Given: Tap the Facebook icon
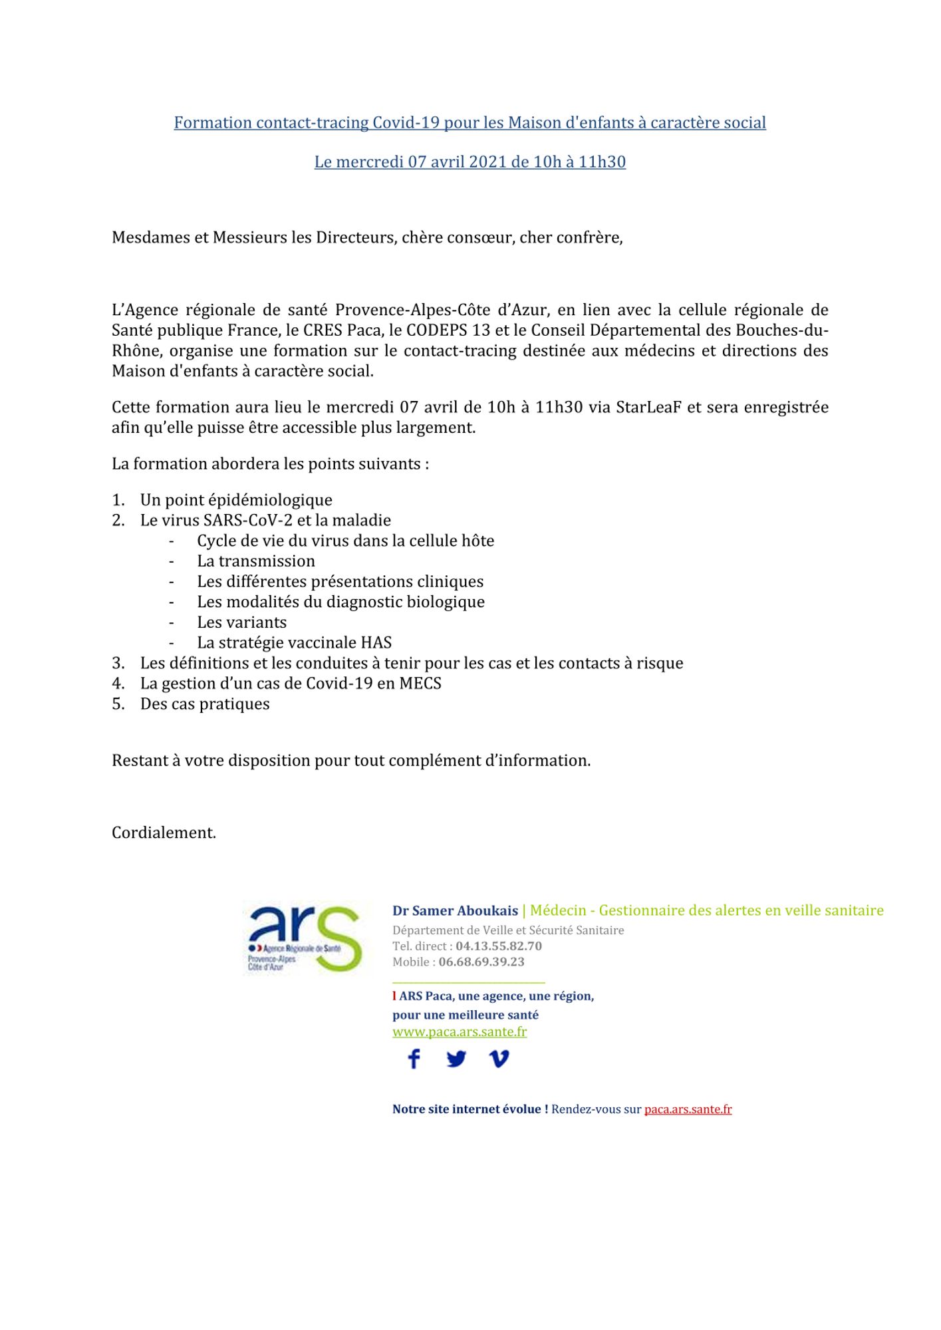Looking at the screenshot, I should point(414,1058).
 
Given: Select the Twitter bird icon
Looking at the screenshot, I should point(456,1058).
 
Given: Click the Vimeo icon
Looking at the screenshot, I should point(499,1058).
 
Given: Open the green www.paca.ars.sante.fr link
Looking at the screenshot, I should point(460,1031).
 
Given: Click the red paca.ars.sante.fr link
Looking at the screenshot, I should point(688,1109).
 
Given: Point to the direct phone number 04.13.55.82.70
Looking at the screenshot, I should point(499,946).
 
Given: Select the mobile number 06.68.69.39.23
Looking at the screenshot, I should point(481,962).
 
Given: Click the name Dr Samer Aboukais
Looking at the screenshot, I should point(455,910).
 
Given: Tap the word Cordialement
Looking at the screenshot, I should point(164,833).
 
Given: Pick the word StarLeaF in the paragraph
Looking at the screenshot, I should point(648,407).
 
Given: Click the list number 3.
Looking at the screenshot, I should point(118,663).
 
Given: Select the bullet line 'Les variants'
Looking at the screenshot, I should point(241,622).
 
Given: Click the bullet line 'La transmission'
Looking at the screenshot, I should point(256,561).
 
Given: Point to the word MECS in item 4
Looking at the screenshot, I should point(420,684).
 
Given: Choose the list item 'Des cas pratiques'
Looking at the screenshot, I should point(205,704).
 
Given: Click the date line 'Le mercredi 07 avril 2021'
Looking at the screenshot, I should point(470,162).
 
